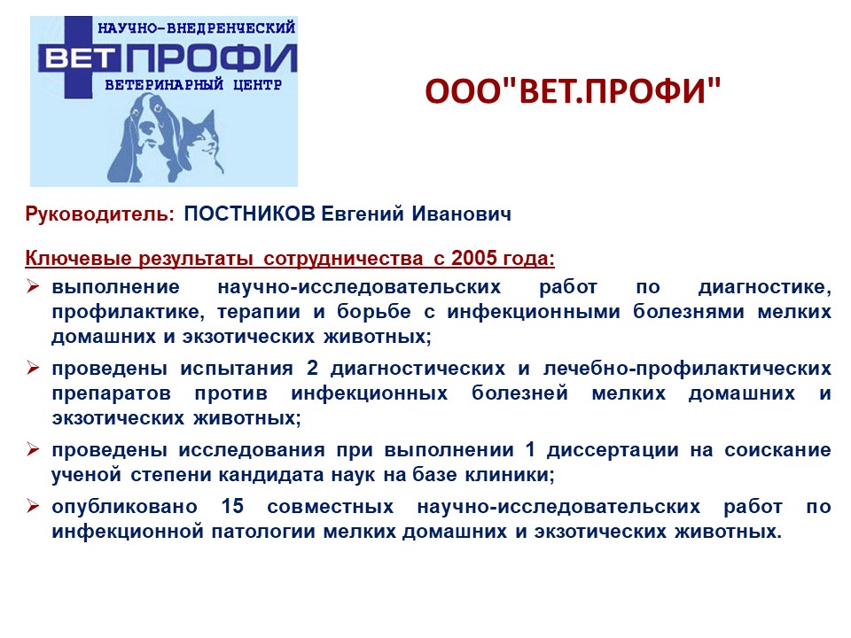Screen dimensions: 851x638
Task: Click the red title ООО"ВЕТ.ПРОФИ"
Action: (x=574, y=90)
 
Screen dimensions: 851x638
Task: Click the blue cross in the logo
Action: (x=78, y=57)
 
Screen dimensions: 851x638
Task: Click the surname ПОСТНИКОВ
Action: (x=250, y=214)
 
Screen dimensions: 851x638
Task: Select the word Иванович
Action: (x=461, y=214)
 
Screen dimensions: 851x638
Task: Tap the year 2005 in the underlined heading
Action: (x=473, y=258)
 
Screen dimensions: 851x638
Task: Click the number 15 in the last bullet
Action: (x=232, y=506)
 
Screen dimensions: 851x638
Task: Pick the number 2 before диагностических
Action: (x=312, y=368)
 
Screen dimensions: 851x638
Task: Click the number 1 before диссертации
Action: (x=530, y=449)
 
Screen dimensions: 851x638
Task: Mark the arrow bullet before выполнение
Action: (x=33, y=286)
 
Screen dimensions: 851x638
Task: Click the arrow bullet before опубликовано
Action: (x=33, y=506)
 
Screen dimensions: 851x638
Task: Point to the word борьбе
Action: (x=374, y=312)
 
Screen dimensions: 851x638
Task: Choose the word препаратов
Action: (x=112, y=393)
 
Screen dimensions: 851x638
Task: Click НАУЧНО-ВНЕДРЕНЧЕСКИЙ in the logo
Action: (x=197, y=27)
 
